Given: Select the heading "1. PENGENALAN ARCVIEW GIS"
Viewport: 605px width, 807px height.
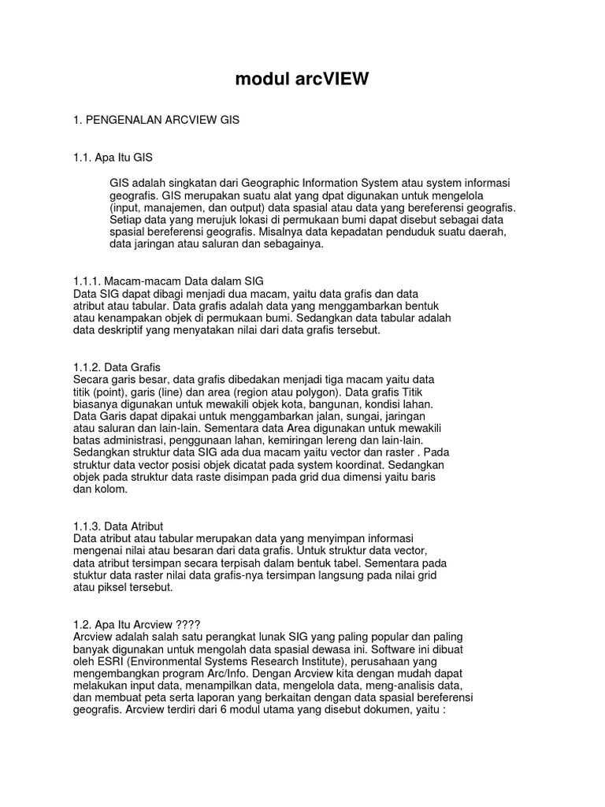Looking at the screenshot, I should (156, 120).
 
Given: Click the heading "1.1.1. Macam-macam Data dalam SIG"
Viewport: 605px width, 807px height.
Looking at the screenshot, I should (168, 281).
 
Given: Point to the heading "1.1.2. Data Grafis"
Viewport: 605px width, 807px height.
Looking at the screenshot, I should (117, 367).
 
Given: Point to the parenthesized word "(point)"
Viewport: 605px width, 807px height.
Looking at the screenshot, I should (106, 392).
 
